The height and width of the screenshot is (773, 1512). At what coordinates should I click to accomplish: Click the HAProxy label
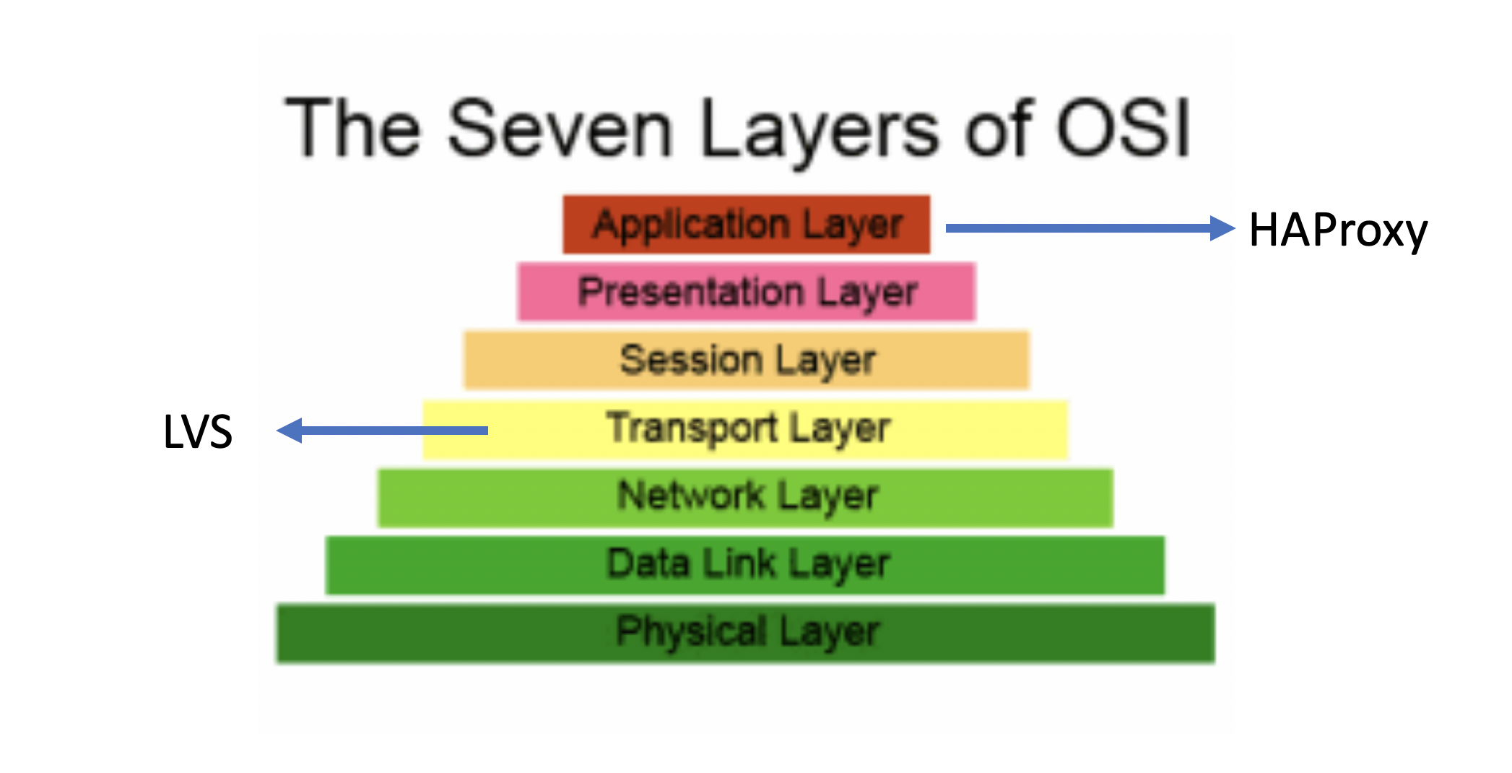1338,230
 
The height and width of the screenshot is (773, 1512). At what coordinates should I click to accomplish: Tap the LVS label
198,432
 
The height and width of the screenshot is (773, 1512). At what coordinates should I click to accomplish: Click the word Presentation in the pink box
691,292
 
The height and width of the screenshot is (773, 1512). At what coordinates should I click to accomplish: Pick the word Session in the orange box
691,360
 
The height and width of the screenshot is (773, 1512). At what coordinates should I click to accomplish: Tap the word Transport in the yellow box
691,427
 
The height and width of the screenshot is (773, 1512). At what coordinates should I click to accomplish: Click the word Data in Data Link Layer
648,563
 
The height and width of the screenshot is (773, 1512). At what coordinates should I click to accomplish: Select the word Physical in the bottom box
691,631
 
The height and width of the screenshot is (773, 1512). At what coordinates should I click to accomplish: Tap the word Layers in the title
820,130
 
